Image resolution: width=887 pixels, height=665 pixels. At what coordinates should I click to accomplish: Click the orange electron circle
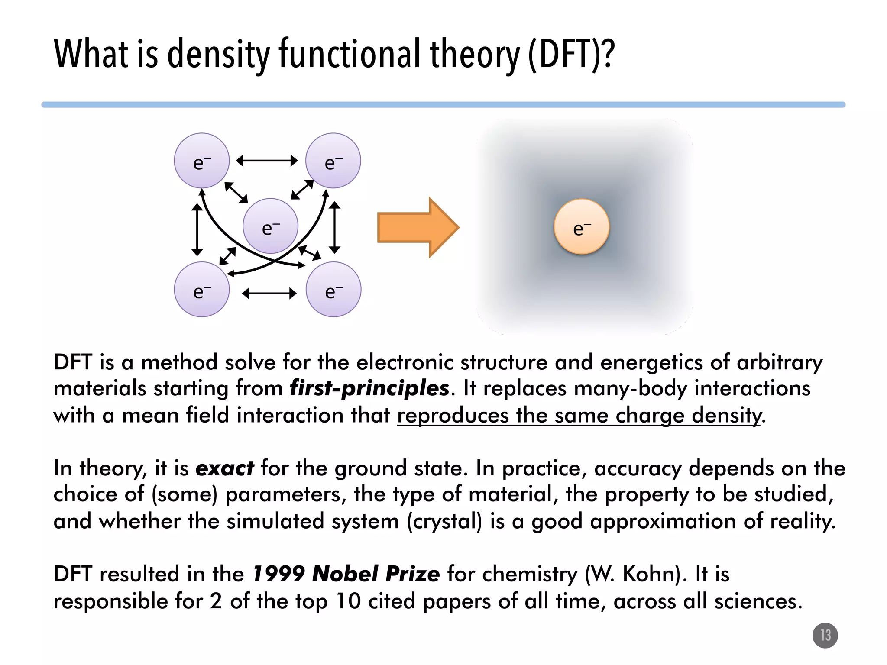[582, 226]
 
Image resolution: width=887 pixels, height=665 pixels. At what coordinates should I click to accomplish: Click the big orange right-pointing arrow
[418, 227]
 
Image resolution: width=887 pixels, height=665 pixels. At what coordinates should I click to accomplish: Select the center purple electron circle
[270, 226]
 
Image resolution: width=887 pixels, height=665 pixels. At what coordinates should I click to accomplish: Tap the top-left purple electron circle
[202, 161]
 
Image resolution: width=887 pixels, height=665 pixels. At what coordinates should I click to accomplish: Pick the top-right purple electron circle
[333, 161]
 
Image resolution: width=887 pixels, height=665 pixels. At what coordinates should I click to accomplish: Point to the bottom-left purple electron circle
[202, 289]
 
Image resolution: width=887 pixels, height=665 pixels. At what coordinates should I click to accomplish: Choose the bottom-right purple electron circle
[333, 289]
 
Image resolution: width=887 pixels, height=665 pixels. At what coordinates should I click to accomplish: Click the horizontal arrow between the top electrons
[267, 161]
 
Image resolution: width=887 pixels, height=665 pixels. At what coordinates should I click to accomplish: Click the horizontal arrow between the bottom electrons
[269, 294]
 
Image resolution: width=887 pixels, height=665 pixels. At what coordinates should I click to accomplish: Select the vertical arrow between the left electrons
[197, 229]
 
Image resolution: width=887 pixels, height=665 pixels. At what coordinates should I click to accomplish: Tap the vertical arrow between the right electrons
[334, 227]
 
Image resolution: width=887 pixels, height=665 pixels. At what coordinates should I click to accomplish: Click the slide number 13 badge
[825, 636]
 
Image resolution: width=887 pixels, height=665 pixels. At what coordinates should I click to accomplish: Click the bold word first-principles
[369, 388]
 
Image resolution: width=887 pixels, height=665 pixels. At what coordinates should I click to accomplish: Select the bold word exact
[225, 468]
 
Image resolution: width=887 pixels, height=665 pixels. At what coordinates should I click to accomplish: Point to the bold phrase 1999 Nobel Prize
[346, 574]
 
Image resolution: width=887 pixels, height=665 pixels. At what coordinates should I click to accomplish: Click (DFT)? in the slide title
[571, 54]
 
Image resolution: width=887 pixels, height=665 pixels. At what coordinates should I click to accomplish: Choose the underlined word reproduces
[453, 415]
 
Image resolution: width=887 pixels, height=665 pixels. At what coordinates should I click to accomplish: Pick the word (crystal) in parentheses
[444, 521]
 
